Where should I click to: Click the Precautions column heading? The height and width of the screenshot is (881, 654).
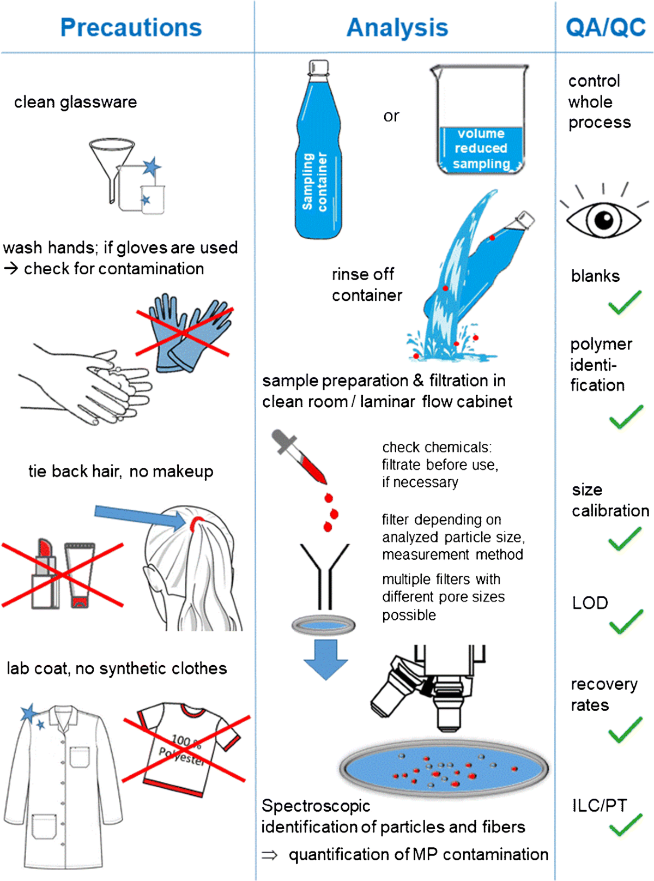131,27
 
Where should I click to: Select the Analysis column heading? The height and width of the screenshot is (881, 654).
397,27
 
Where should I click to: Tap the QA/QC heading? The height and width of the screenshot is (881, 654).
605,27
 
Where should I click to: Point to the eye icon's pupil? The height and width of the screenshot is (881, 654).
603,220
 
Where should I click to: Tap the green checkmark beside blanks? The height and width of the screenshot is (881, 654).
625,303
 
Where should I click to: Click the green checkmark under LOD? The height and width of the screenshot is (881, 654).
626,622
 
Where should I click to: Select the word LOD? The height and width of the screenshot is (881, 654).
590,603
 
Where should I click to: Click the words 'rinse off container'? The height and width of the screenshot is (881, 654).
366,285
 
